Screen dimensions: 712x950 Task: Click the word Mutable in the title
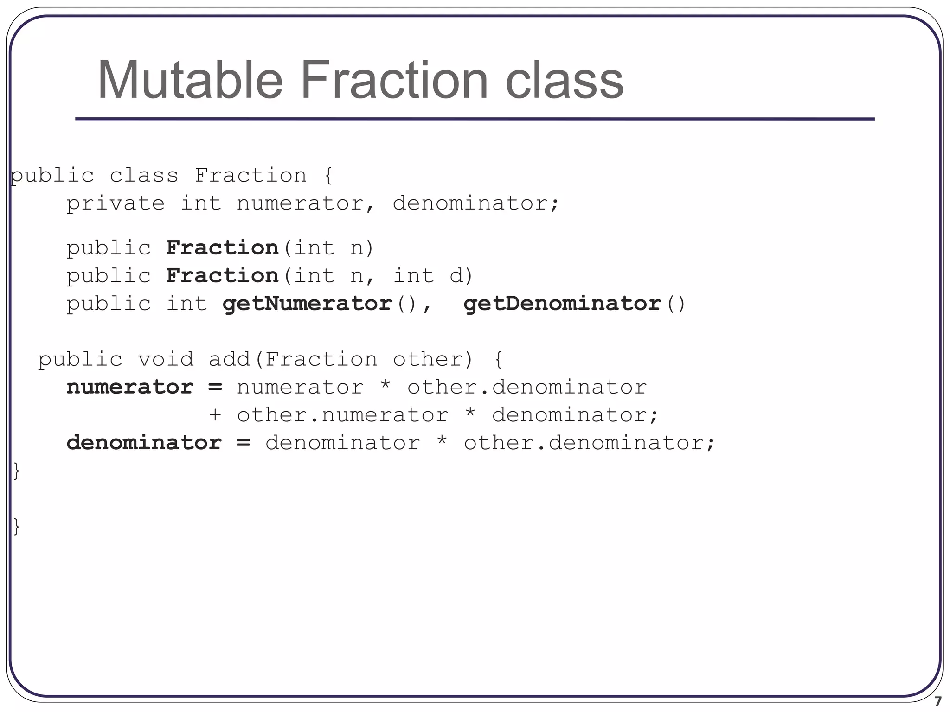click(x=190, y=80)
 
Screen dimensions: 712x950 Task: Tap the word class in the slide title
click(x=564, y=80)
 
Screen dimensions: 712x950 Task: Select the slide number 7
click(x=937, y=701)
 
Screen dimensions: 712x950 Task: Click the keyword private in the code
click(x=115, y=203)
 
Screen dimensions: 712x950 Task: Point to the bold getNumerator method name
click(x=307, y=304)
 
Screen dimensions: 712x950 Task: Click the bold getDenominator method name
click(x=562, y=304)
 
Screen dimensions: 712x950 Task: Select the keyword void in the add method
click(x=166, y=359)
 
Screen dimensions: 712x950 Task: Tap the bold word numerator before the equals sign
click(x=130, y=388)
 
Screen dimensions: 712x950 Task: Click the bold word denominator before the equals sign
click(x=144, y=443)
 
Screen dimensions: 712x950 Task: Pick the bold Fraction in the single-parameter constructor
click(x=222, y=248)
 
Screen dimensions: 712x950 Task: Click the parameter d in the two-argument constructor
click(x=456, y=276)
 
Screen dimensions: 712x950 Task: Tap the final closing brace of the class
click(x=17, y=527)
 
